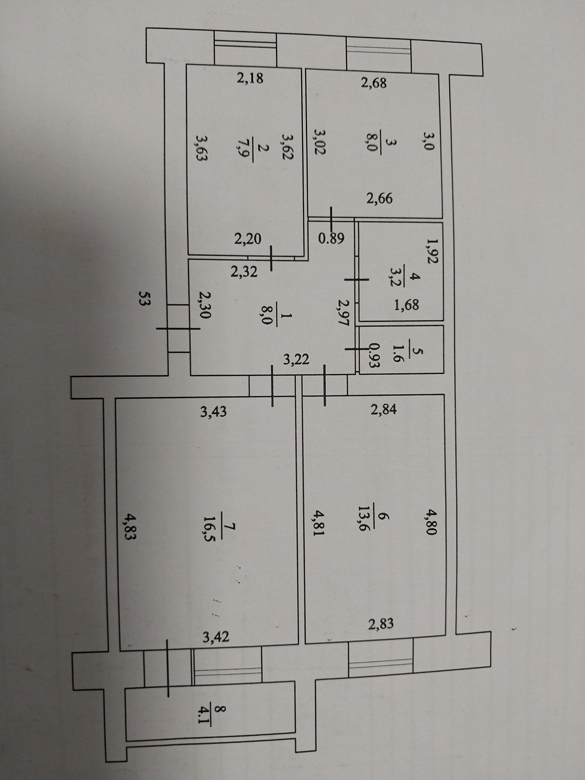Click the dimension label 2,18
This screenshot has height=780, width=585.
[250, 78]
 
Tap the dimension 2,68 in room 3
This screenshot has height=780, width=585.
[374, 83]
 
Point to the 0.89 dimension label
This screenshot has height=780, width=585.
[331, 239]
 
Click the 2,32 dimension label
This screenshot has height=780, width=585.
[244, 272]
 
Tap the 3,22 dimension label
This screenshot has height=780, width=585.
[296, 359]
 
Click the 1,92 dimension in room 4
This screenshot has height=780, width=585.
[432, 250]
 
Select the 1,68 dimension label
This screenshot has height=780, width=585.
[406, 305]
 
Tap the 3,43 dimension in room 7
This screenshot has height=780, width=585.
[213, 411]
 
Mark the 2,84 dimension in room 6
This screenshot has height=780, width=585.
[383, 409]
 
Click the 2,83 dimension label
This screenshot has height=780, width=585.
[381, 624]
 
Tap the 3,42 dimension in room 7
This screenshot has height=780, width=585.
[216, 637]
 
